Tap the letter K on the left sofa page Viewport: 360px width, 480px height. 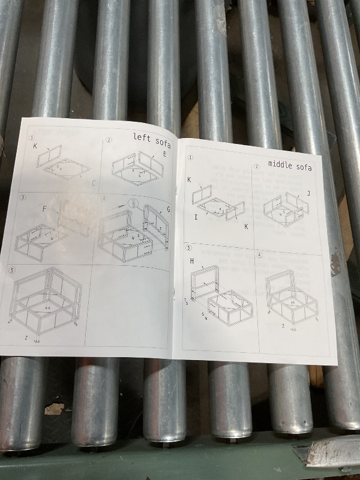coord(35,146)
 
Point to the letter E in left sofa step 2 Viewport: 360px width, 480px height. coord(163,154)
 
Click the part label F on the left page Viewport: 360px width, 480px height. coord(44,209)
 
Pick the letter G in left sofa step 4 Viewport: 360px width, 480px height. coord(169,209)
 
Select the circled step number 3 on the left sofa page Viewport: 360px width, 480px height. coord(22,197)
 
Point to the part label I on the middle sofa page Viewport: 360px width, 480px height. coord(196,217)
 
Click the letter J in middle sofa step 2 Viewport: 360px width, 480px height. coord(308,193)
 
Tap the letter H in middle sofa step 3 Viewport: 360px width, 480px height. coord(192,261)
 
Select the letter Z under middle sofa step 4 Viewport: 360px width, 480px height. coord(283,326)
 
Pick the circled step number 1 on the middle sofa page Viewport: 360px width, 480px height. coord(191,158)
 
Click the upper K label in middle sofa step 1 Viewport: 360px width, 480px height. coord(189,179)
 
